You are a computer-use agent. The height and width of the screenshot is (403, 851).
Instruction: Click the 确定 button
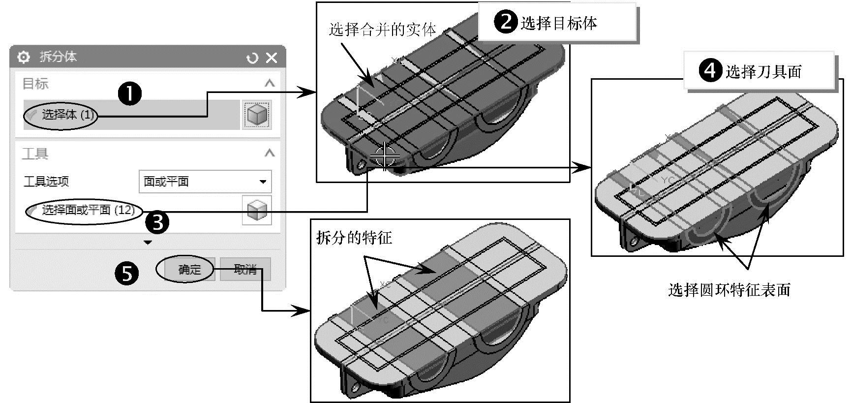click(190, 269)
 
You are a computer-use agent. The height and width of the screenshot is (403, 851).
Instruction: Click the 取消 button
click(245, 269)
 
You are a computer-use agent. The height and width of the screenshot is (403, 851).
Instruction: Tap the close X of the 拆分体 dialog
click(272, 58)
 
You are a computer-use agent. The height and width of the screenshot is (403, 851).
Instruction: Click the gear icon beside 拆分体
click(23, 57)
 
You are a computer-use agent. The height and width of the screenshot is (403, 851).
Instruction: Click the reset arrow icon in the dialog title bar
click(252, 58)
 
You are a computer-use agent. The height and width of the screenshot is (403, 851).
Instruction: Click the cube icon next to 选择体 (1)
click(256, 115)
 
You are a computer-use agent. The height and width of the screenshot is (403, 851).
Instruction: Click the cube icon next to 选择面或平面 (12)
click(256, 210)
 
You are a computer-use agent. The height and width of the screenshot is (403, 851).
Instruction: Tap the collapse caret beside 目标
click(269, 84)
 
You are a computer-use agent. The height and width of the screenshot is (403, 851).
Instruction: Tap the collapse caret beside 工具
click(269, 154)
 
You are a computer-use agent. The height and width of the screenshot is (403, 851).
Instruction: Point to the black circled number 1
click(130, 93)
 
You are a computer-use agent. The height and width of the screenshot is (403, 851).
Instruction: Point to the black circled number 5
click(127, 273)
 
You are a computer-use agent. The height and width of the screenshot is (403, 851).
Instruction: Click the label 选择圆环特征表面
click(729, 290)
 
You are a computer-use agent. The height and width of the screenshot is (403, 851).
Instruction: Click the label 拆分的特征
click(354, 238)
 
